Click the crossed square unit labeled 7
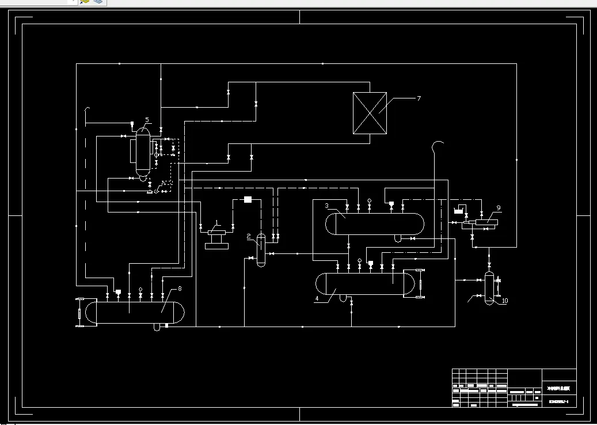pos(369,113)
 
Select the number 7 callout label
pos(419,98)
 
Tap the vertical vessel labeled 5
pos(142,153)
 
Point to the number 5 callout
pos(147,120)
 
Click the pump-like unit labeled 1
pos(216,237)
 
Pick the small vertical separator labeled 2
pos(261,249)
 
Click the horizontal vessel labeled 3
pos(374,224)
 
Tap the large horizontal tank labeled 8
pos(136,312)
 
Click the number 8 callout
pos(180,288)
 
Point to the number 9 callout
pos(499,207)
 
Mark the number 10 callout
pos(504,301)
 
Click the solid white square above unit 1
pos(248,199)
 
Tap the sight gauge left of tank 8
pos(79,312)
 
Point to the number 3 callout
pos(326,206)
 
